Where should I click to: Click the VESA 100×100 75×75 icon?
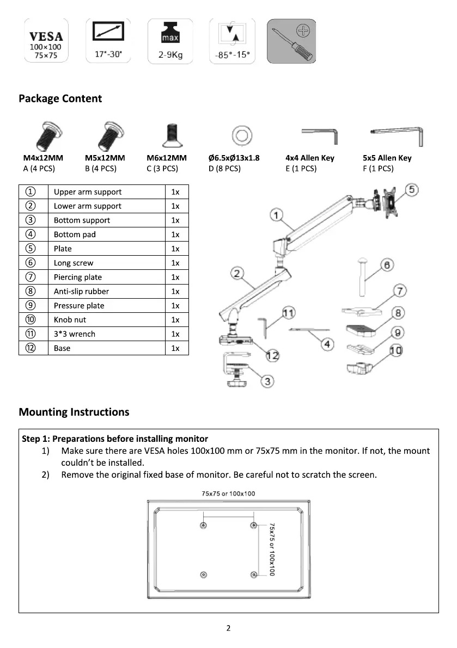tap(46, 41)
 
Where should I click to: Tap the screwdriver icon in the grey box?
tap(291, 41)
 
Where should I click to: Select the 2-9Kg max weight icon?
tap(170, 41)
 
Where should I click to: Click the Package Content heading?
tap(60, 98)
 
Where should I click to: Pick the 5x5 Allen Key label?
tap(387, 158)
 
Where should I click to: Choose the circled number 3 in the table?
tap(31, 220)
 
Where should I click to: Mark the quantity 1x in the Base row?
tap(175, 348)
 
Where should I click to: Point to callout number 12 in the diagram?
tap(272, 355)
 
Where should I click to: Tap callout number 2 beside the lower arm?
tap(237, 273)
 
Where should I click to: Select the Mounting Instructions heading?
tap(74, 412)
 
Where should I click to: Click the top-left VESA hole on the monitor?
tap(203, 526)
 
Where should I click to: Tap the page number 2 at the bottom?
tap(228, 628)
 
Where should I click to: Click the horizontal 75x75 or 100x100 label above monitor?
tap(228, 493)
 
